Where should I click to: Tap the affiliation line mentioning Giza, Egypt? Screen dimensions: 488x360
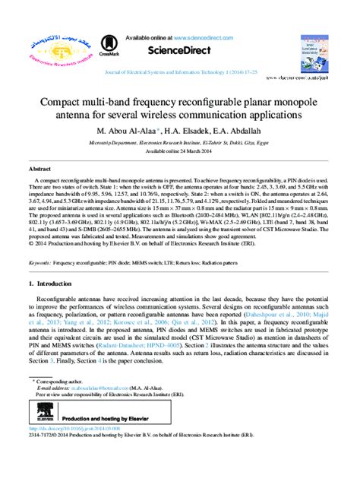point(179,141)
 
